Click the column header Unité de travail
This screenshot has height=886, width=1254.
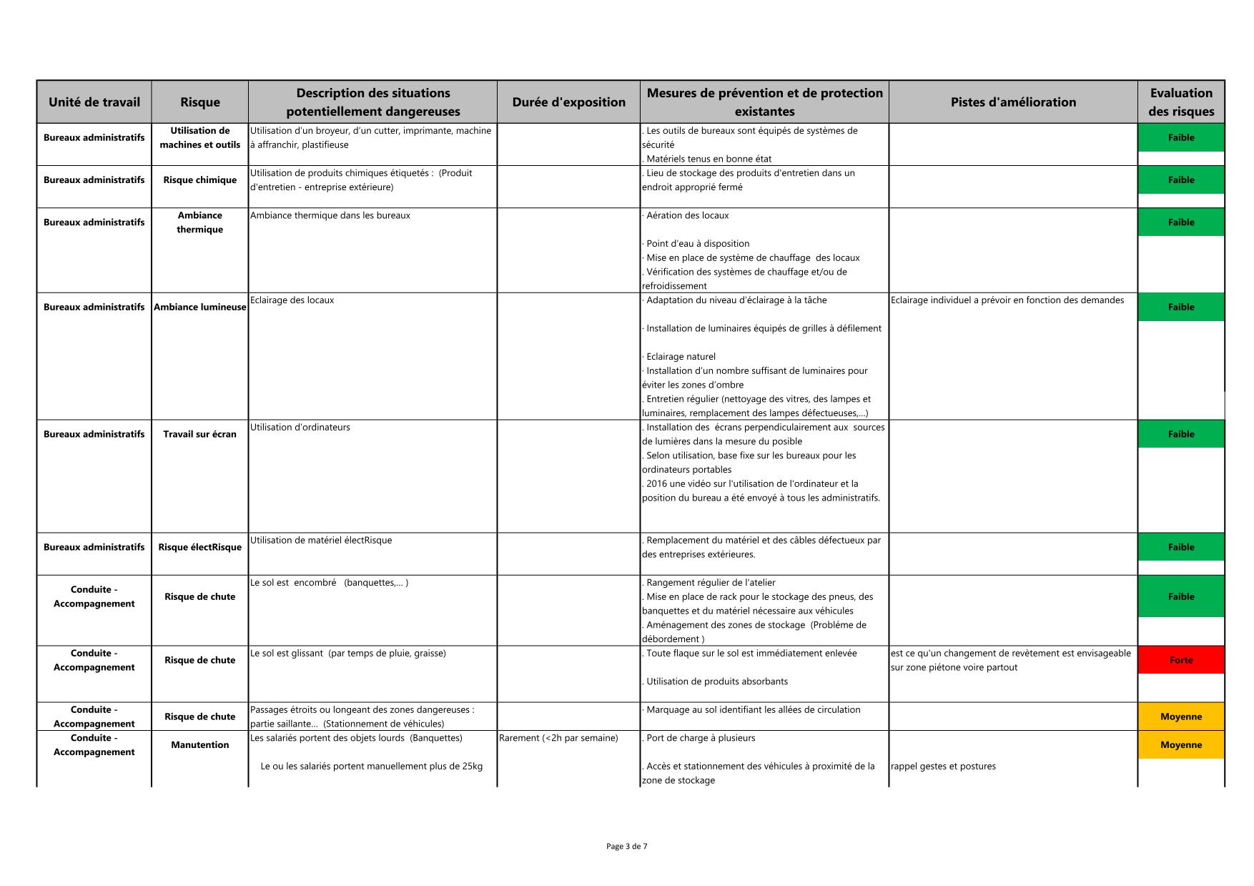coord(94,102)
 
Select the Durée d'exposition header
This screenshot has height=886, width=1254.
coord(568,102)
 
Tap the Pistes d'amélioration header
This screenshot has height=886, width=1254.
coord(1013,102)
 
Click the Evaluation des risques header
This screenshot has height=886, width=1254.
coord(1180,102)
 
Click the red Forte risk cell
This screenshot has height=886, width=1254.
coord(1180,660)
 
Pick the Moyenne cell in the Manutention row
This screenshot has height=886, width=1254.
coord(1180,744)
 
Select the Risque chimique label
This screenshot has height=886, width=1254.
coord(199,180)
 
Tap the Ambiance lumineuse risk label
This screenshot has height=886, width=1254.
coord(199,307)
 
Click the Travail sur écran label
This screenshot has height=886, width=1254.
coord(199,434)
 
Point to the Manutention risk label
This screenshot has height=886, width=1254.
coord(199,745)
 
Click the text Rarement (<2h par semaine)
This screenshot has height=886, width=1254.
coord(558,738)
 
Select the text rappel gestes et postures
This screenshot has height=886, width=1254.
coord(943,767)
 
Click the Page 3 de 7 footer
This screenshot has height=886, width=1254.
coord(626,847)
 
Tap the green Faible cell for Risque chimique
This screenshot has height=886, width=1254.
coord(1180,180)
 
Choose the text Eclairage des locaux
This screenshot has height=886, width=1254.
coord(292,300)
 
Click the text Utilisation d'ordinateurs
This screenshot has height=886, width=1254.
coord(300,428)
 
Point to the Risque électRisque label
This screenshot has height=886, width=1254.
coord(199,548)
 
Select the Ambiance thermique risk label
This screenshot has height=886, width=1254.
coord(199,222)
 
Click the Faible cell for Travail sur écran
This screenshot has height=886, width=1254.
coord(1180,434)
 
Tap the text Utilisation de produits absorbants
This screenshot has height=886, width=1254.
coord(716,681)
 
